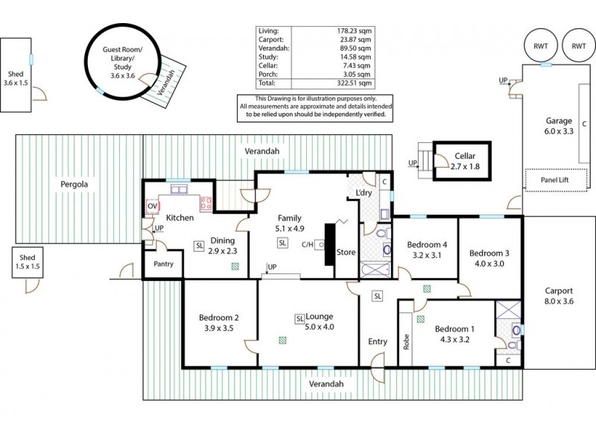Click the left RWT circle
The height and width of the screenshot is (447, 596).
pyautogui.click(x=541, y=45)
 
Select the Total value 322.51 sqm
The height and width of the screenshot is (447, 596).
pyautogui.click(x=354, y=84)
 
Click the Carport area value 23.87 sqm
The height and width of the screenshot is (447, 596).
pyautogui.click(x=354, y=39)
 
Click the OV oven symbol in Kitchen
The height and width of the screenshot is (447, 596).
pyautogui.click(x=153, y=205)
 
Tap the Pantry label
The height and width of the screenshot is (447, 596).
pyautogui.click(x=163, y=264)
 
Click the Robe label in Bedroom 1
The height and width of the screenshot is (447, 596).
pyautogui.click(x=406, y=341)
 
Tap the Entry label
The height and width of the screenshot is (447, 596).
pyautogui.click(x=378, y=342)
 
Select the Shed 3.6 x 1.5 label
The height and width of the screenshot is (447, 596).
pyautogui.click(x=16, y=79)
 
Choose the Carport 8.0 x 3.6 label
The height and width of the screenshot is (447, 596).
pyautogui.click(x=558, y=297)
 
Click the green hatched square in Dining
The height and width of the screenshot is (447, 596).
pyautogui.click(x=235, y=263)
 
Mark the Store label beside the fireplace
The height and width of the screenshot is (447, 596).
pyautogui.click(x=346, y=252)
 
